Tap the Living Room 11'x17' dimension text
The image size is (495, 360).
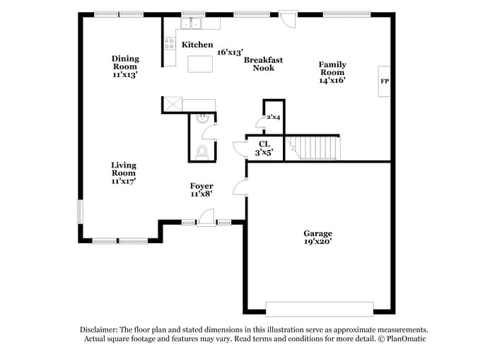123,181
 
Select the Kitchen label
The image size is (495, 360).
197,45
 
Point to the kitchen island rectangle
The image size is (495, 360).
201,64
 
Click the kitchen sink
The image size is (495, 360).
191,24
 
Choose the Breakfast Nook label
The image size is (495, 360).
263,64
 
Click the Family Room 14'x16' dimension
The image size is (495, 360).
332,81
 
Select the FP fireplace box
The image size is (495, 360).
385,81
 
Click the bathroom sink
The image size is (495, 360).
203,119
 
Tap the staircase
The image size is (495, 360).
314,148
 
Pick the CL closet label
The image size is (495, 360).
264,144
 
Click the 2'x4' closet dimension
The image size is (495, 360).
273,117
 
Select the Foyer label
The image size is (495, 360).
202,186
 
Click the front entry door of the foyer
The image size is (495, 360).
206,221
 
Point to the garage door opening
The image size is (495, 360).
319,309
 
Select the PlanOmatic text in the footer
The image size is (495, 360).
404,339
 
